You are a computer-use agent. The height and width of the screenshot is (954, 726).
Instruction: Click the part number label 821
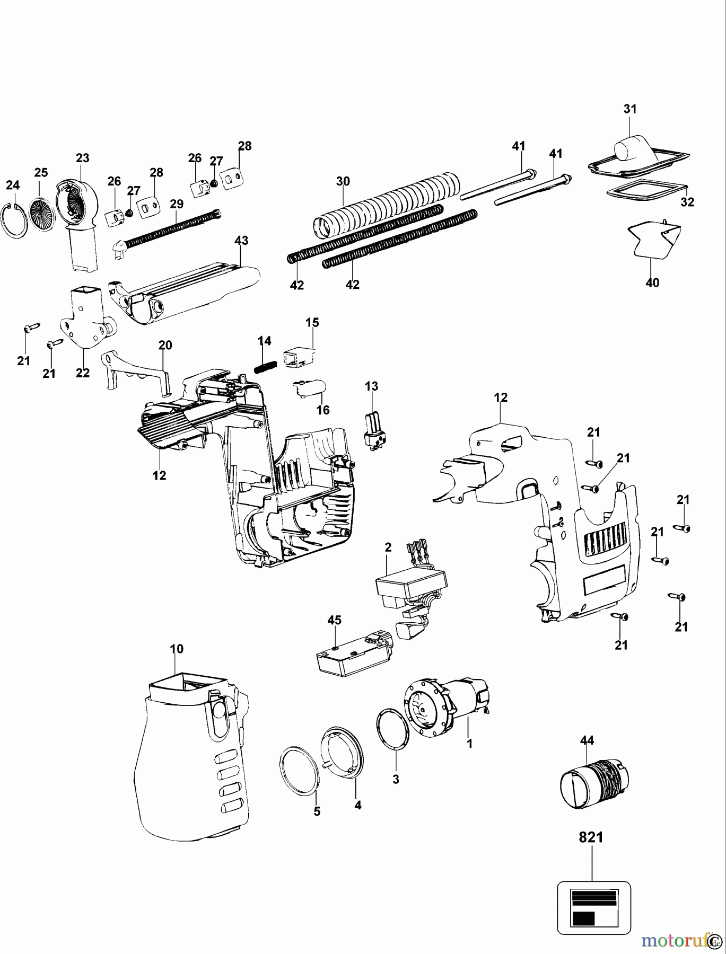click(590, 837)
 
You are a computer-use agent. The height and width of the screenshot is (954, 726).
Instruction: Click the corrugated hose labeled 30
click(387, 204)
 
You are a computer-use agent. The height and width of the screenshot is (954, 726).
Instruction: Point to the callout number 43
click(241, 240)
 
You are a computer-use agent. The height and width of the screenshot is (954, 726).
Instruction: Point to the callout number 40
click(652, 283)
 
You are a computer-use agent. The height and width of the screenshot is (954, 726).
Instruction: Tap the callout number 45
click(335, 620)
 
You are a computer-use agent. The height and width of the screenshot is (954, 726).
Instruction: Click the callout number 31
click(629, 109)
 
